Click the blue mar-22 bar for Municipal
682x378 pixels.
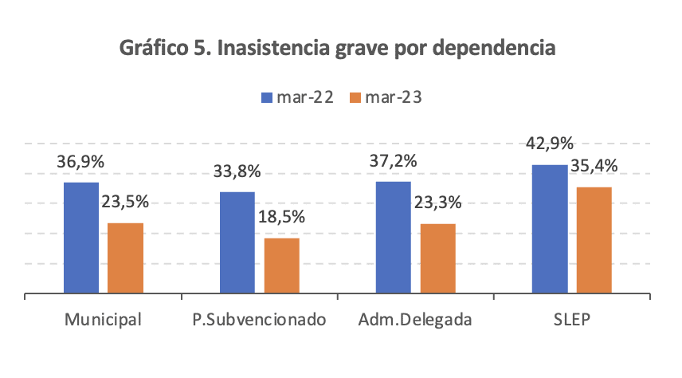coord(81,238)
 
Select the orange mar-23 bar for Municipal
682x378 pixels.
coord(125,258)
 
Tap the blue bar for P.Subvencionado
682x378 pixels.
coord(237,242)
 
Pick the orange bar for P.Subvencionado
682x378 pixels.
coord(281,266)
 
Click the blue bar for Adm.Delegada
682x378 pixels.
coord(393,238)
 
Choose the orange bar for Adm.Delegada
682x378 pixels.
coord(437,258)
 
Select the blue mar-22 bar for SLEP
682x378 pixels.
coord(549,229)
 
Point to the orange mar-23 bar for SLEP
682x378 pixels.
coord(594,240)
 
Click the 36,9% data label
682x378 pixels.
coord(80,160)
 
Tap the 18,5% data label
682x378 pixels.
coord(281,216)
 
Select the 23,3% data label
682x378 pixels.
coord(437,202)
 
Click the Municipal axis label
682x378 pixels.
coord(104,321)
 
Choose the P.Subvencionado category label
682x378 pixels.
coord(260,321)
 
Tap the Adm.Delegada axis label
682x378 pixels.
coord(415,321)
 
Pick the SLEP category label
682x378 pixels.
coord(571,321)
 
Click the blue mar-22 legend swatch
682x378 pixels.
coord(268,98)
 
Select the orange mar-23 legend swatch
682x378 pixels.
coord(355,98)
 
